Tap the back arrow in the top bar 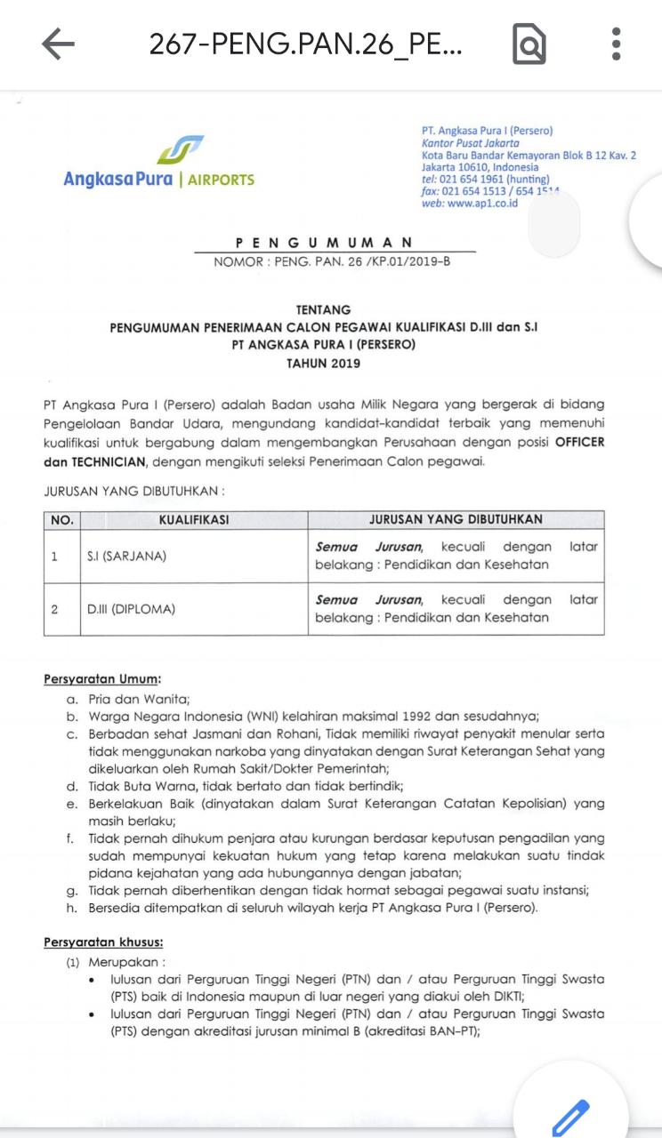click(58, 44)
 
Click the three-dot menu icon click(616, 44)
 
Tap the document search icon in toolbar click(529, 44)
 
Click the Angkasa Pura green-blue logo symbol click(180, 149)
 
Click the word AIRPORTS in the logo click(222, 180)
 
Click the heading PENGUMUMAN click(325, 242)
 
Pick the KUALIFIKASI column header click(194, 520)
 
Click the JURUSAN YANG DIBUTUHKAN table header click(456, 520)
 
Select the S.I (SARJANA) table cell click(126, 557)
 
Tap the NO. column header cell click(61, 520)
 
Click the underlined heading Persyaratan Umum click(102, 679)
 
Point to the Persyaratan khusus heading click(103, 942)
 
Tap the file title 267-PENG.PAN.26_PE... click(305, 44)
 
